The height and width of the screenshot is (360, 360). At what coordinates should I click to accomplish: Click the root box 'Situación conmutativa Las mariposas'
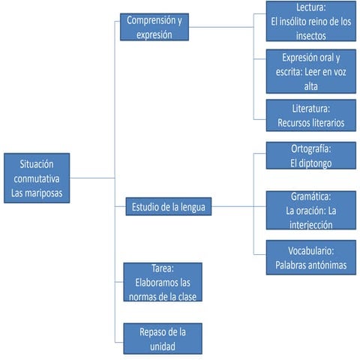(x=37, y=178)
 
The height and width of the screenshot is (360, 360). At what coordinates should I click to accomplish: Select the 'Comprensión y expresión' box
(x=154, y=27)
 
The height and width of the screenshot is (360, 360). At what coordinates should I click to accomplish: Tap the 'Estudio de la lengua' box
(x=168, y=205)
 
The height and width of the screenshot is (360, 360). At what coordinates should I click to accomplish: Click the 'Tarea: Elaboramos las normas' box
(x=162, y=282)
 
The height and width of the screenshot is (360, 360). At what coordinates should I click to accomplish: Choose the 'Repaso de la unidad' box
(x=162, y=337)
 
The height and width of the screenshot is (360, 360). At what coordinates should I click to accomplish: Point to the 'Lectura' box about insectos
(x=310, y=22)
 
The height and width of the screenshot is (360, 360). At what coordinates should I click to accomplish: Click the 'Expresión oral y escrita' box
(x=310, y=72)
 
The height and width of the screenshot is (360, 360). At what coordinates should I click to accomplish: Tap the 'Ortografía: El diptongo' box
(x=310, y=156)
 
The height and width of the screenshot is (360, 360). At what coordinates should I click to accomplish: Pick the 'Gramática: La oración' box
(x=310, y=210)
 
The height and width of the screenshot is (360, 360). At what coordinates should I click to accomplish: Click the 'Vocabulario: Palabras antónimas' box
(x=310, y=258)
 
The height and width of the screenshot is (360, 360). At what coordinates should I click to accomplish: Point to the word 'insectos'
(x=310, y=34)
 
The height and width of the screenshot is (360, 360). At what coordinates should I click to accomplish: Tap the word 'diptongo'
(x=319, y=162)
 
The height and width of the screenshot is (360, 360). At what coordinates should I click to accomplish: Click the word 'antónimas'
(x=325, y=265)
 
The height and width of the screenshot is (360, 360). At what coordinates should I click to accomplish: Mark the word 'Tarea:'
(x=162, y=268)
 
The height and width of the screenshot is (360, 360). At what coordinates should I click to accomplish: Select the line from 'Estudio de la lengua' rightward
(x=238, y=205)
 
